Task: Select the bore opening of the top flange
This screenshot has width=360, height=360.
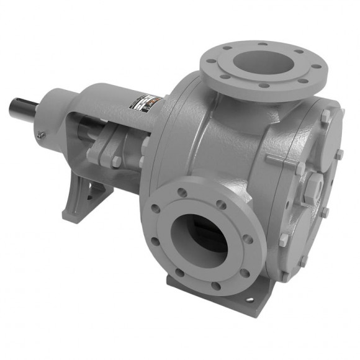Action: pos(261,61)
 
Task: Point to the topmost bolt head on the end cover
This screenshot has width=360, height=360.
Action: pos(325,116)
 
